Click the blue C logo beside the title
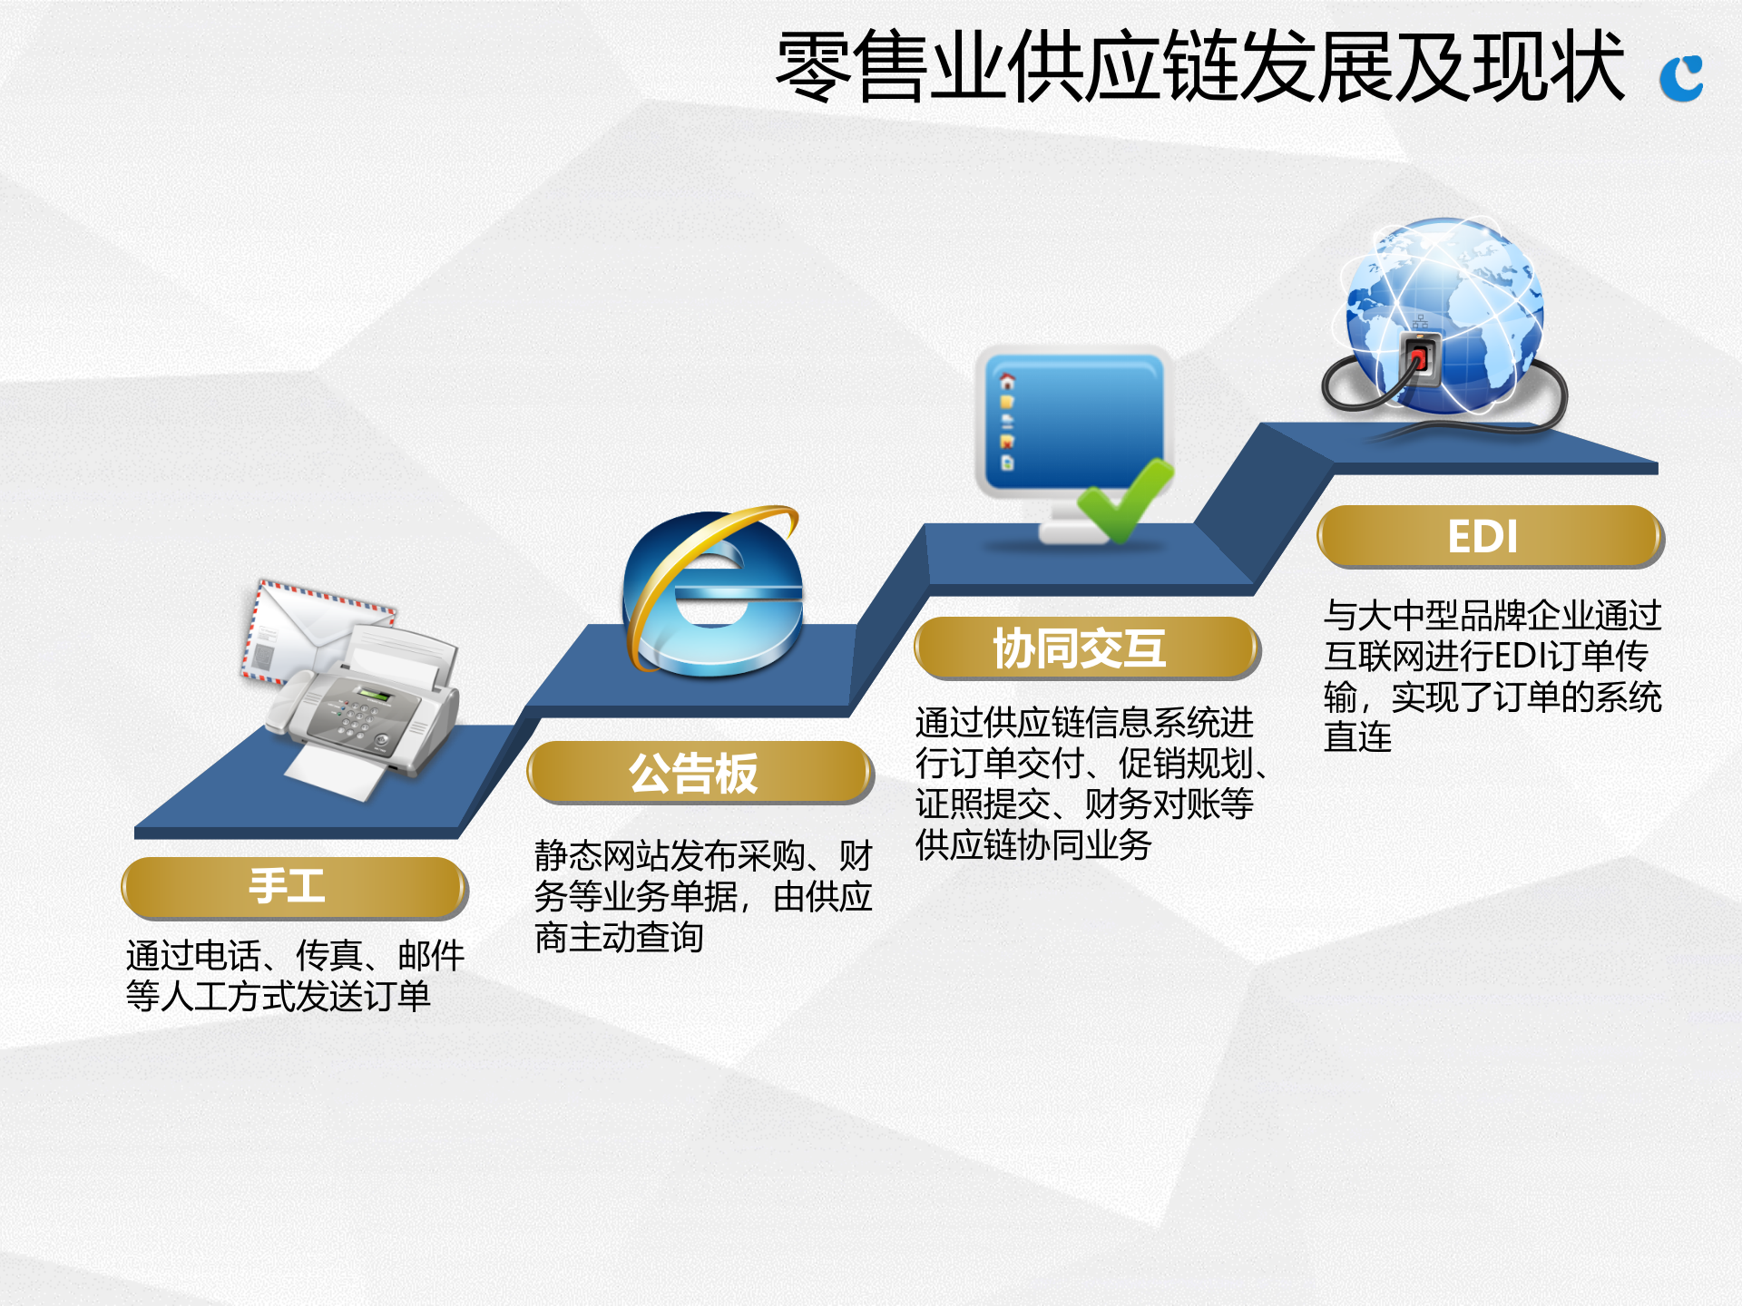[1681, 79]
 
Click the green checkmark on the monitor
[1125, 499]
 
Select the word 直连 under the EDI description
[1357, 737]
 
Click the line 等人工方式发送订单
[278, 996]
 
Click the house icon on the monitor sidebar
[1007, 381]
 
